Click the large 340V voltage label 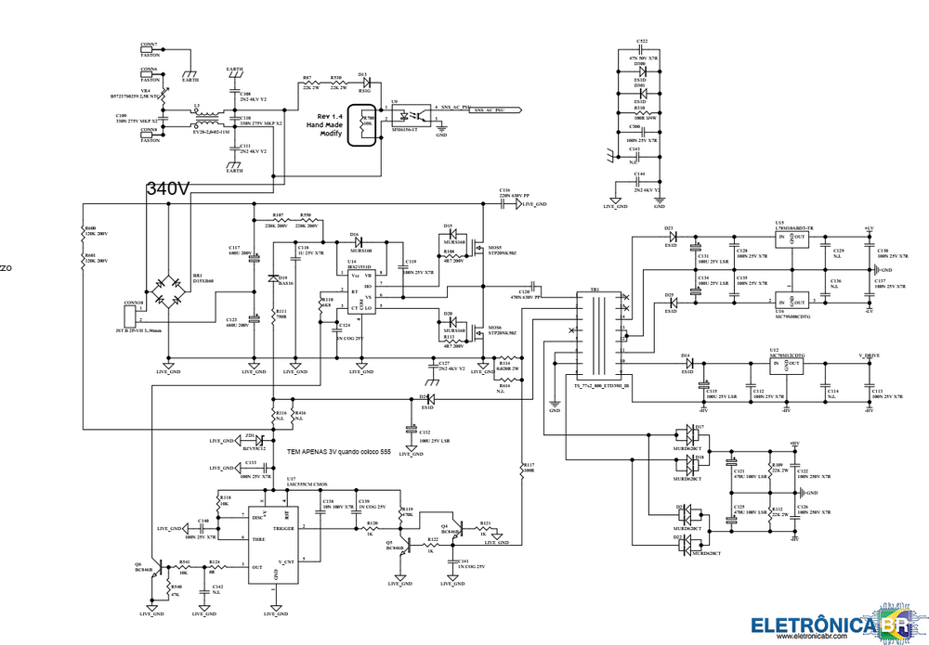coord(167,188)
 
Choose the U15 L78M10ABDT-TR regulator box coord(792,240)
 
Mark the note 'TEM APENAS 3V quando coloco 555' coord(338,452)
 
